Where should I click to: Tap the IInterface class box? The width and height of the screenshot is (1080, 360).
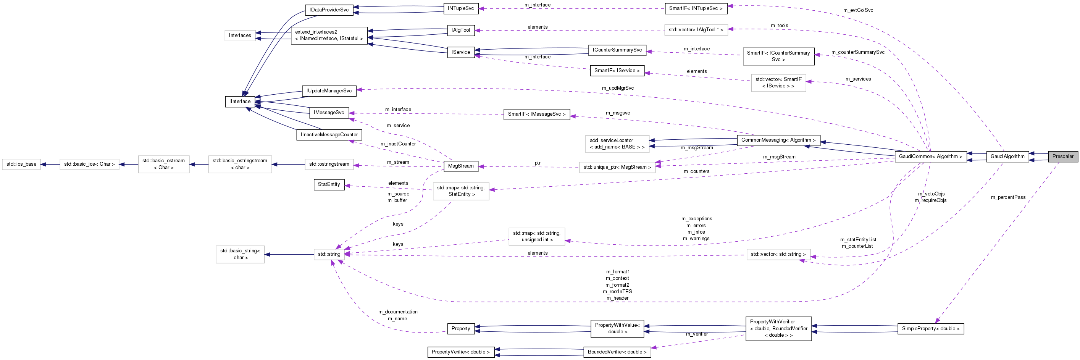[x=240, y=102]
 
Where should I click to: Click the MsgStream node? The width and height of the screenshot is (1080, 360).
[x=460, y=166]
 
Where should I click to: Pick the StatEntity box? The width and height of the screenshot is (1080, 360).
[x=329, y=184]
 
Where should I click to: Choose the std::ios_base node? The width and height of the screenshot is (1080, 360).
[x=21, y=164]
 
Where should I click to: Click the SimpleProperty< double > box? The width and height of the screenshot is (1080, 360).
[x=930, y=329]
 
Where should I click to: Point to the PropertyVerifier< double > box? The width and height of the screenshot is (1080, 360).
[x=460, y=352]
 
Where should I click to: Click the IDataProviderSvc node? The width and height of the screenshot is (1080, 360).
[x=329, y=10]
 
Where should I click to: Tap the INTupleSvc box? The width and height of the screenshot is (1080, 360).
[x=460, y=8]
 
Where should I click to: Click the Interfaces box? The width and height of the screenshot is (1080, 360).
[x=240, y=36]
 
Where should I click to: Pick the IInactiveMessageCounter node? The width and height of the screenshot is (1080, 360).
[x=329, y=135]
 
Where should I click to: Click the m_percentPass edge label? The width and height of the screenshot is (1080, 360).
[x=1008, y=197]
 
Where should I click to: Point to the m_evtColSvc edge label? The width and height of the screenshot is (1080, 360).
[x=858, y=10]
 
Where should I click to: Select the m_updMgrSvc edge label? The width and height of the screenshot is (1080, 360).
[x=618, y=89]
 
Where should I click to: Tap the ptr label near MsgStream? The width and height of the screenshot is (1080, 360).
[x=538, y=163]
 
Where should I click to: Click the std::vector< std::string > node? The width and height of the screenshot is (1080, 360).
[x=778, y=254]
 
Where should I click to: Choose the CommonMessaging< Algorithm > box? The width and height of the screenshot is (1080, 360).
[x=778, y=140]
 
